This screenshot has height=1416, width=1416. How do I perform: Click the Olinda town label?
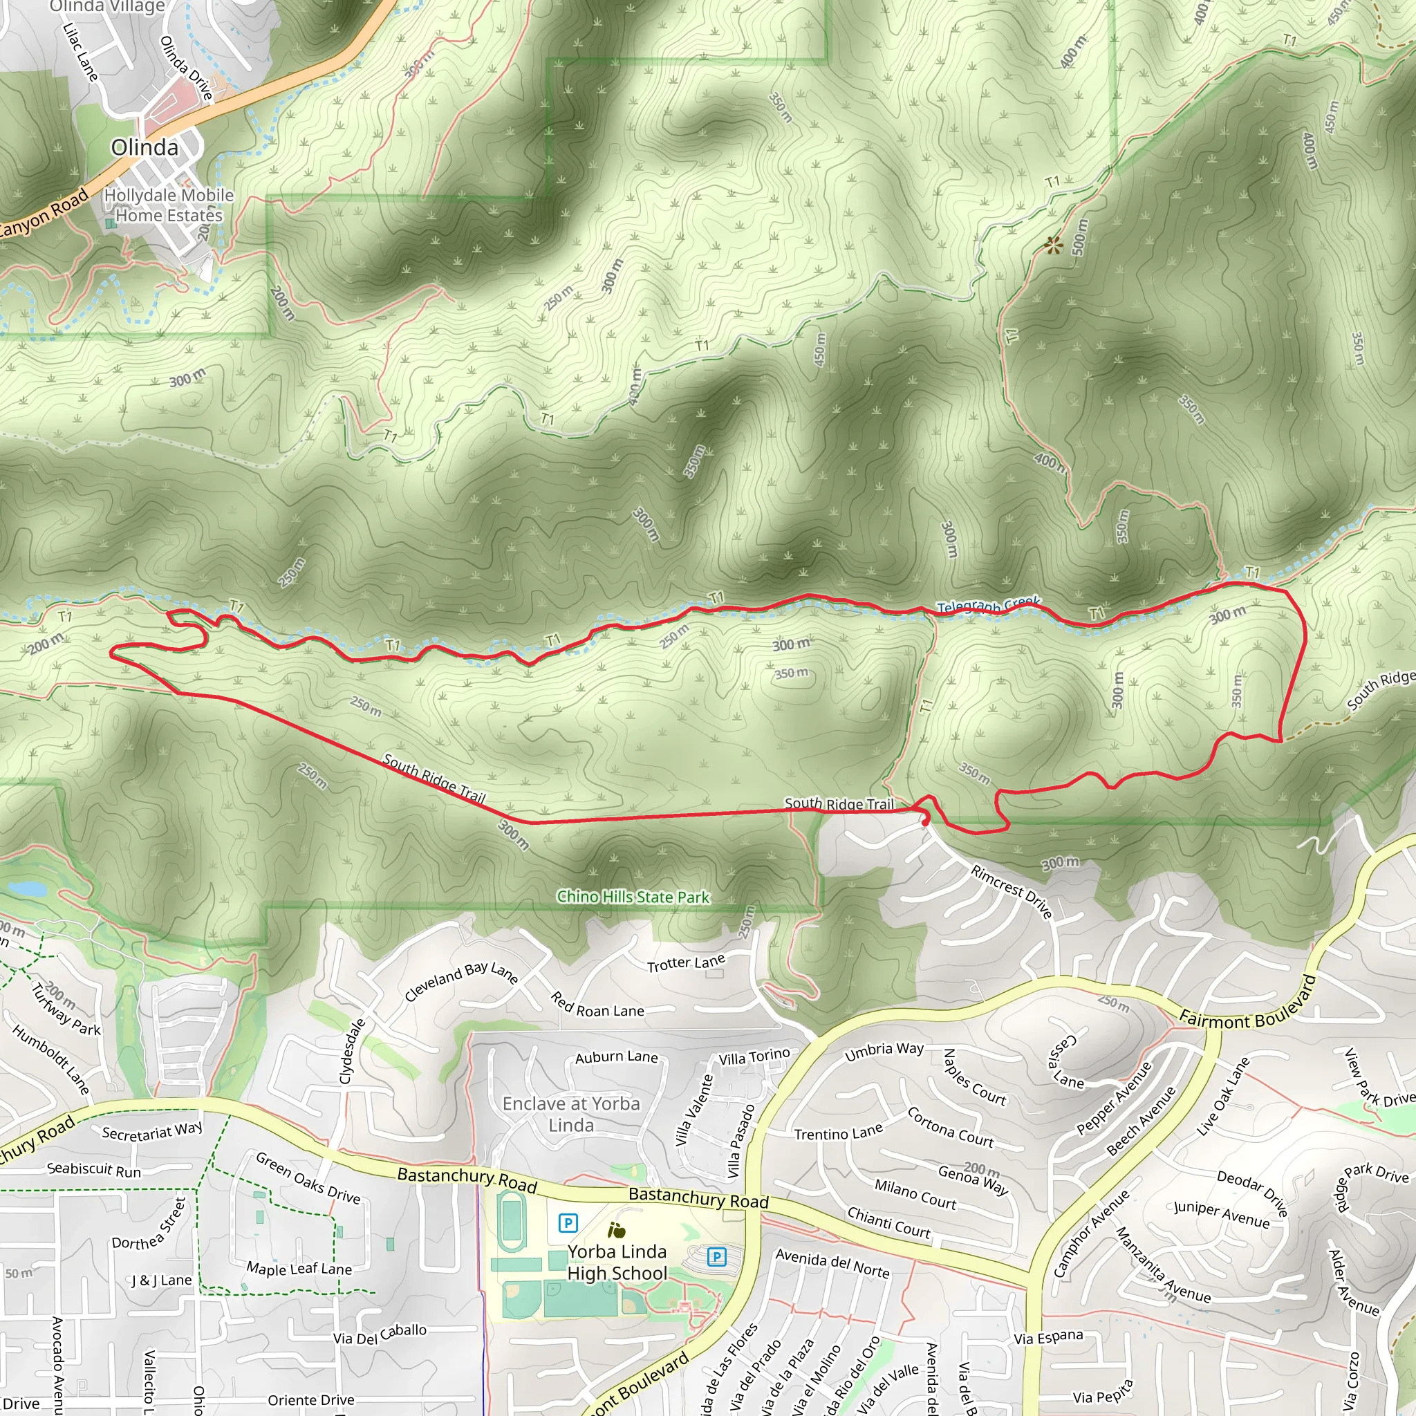[x=145, y=147]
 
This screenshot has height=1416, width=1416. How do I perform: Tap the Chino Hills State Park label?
[x=633, y=897]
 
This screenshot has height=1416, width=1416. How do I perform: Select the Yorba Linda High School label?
[x=617, y=1262]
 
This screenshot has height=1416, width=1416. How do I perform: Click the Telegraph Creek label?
[x=989, y=606]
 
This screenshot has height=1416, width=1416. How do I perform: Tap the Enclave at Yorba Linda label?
[x=571, y=1114]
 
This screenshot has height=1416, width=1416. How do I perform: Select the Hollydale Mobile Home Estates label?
[x=169, y=205]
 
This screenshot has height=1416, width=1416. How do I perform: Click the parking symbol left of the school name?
[x=567, y=1222]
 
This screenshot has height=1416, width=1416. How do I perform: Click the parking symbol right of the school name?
[x=716, y=1258]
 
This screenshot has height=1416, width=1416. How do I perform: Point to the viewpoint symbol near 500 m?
[x=1053, y=245]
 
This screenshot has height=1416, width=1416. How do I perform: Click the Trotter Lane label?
[x=686, y=963]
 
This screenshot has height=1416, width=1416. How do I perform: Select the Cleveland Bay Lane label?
[x=462, y=980]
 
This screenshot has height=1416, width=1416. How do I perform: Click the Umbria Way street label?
[x=884, y=1052]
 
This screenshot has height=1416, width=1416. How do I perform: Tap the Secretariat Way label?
[x=151, y=1132]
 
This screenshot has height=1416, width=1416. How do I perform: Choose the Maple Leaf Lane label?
[x=299, y=1269]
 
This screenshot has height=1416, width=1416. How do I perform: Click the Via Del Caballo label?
[x=380, y=1334]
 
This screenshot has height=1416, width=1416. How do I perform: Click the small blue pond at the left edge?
[x=26, y=889]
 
